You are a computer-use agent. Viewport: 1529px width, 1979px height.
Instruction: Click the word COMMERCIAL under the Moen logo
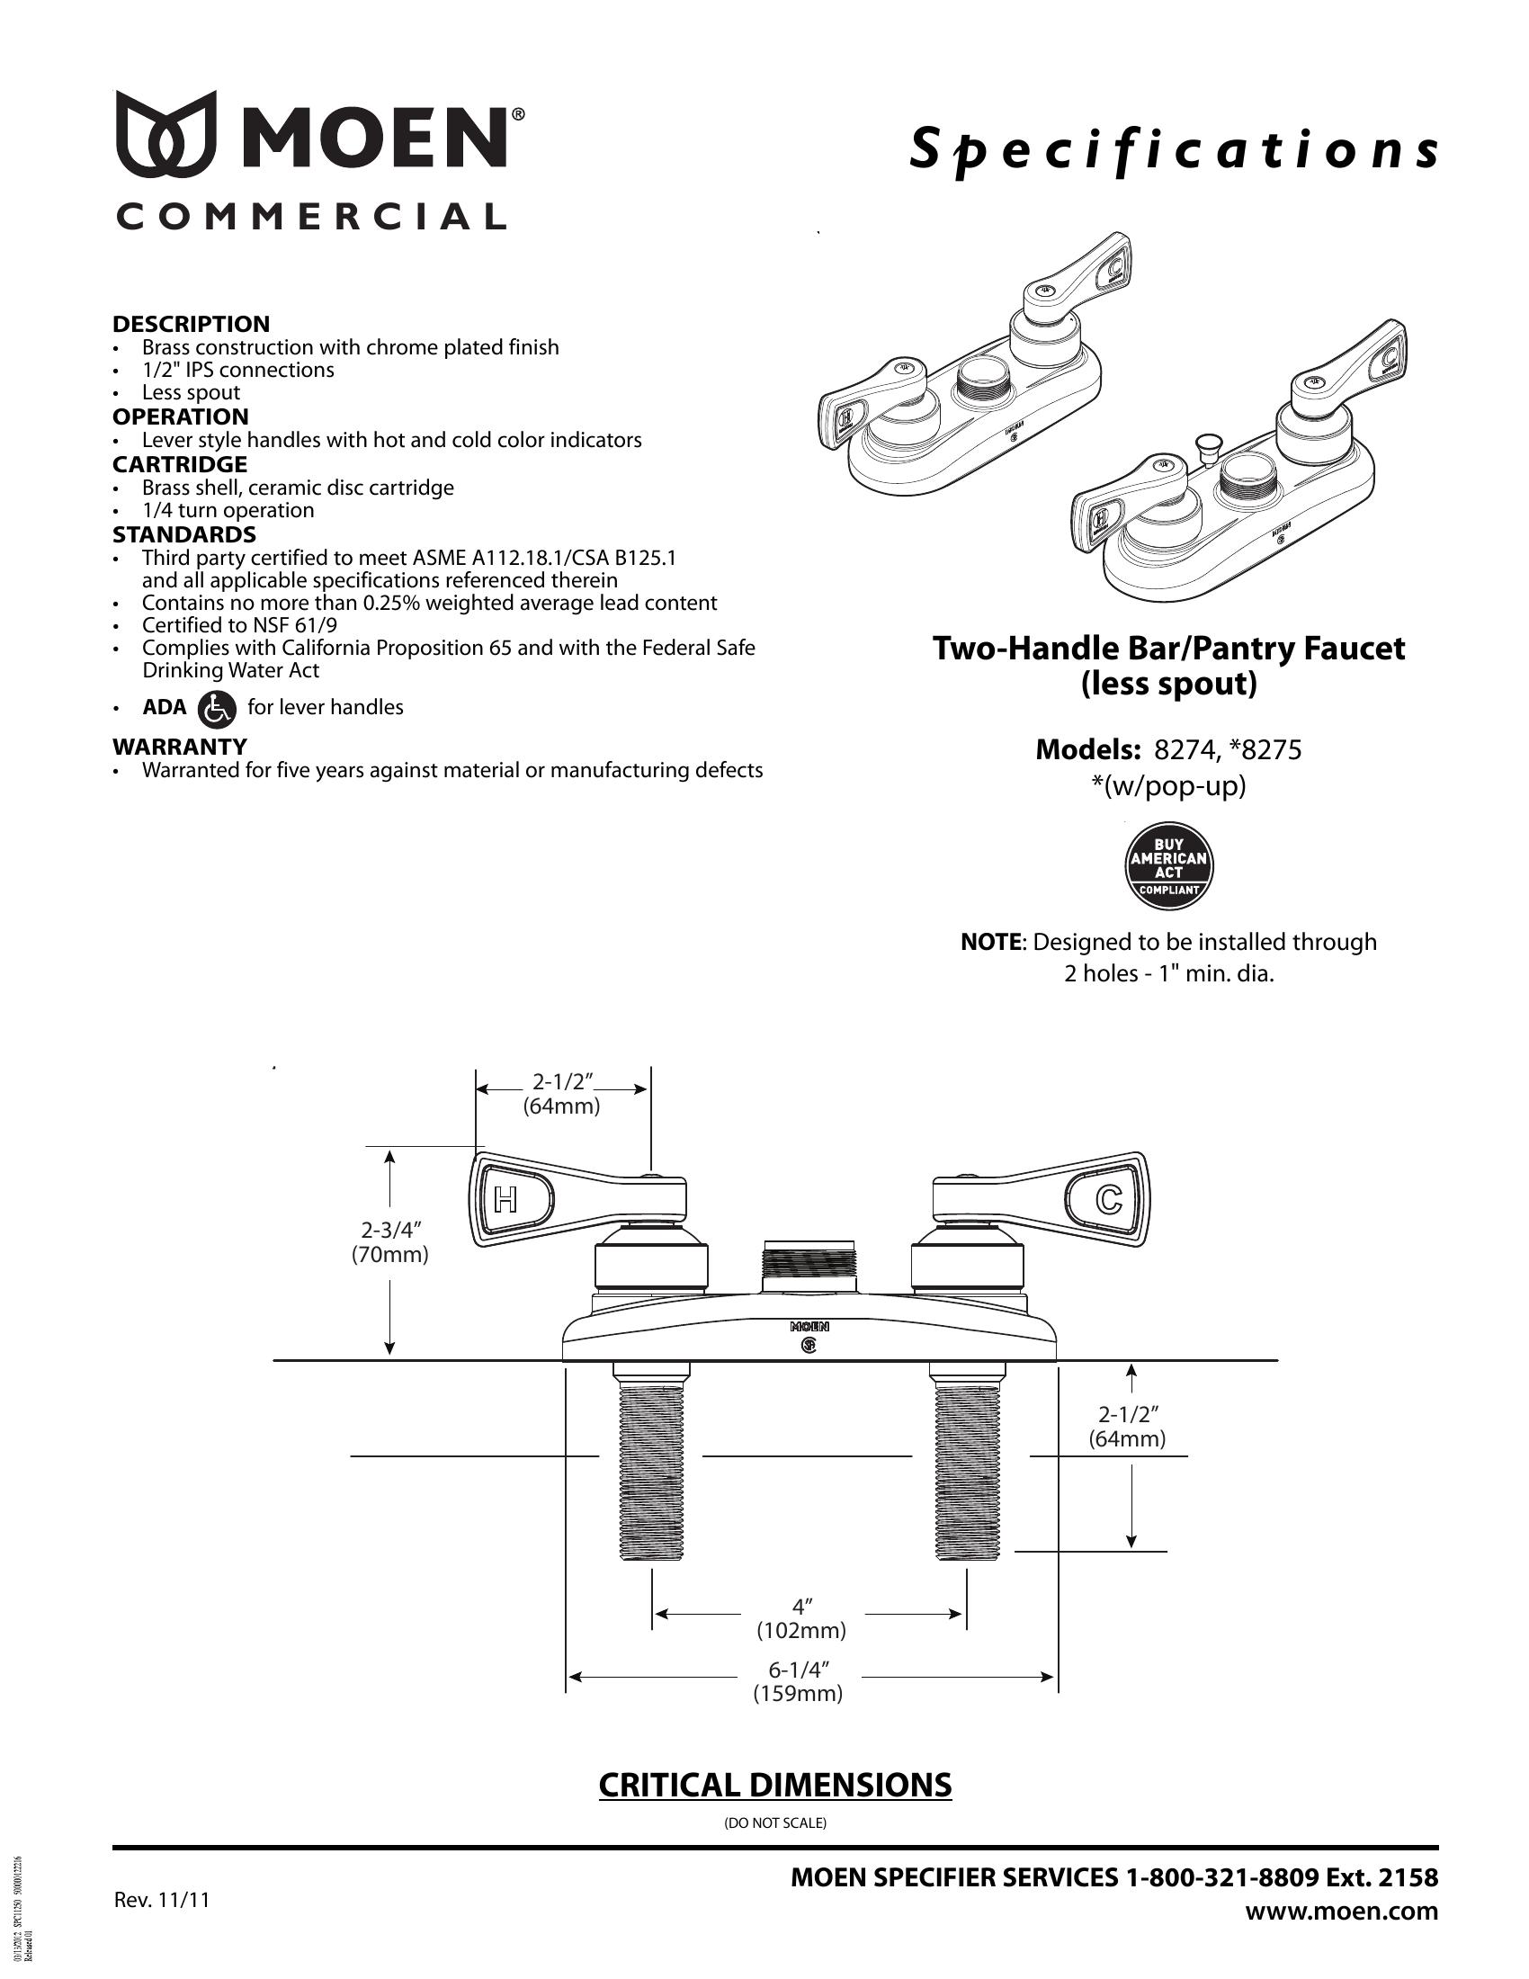pyautogui.click(x=310, y=217)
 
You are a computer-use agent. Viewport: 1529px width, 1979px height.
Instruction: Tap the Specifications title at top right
pyautogui.click(x=1173, y=150)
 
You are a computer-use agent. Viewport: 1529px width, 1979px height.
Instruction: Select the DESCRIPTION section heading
pyautogui.click(x=191, y=324)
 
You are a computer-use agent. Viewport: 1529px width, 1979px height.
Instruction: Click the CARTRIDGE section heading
pyautogui.click(x=179, y=464)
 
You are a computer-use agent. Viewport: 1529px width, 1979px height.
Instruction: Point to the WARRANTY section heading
pyautogui.click(x=179, y=747)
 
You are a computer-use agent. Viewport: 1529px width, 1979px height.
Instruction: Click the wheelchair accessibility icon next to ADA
pyautogui.click(x=217, y=709)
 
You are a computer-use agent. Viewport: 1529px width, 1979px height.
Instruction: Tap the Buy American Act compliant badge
pyautogui.click(x=1168, y=866)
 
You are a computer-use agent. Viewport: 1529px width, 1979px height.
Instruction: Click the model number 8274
pyautogui.click(x=1180, y=750)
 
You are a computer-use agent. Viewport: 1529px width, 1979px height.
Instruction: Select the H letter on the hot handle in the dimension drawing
pyautogui.click(x=505, y=1201)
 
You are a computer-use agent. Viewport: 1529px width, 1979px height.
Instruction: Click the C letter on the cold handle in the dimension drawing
pyautogui.click(x=1109, y=1201)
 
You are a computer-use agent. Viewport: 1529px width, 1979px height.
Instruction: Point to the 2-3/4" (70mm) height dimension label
pyautogui.click(x=391, y=1242)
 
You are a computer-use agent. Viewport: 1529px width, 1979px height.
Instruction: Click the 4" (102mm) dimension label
pyautogui.click(x=801, y=1619)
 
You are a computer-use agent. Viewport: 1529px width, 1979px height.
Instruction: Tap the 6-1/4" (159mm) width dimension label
pyautogui.click(x=799, y=1682)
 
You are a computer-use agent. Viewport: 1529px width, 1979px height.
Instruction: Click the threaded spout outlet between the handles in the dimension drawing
pyautogui.click(x=808, y=1267)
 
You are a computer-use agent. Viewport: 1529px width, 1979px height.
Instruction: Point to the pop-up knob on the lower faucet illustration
pyautogui.click(x=1204, y=444)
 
